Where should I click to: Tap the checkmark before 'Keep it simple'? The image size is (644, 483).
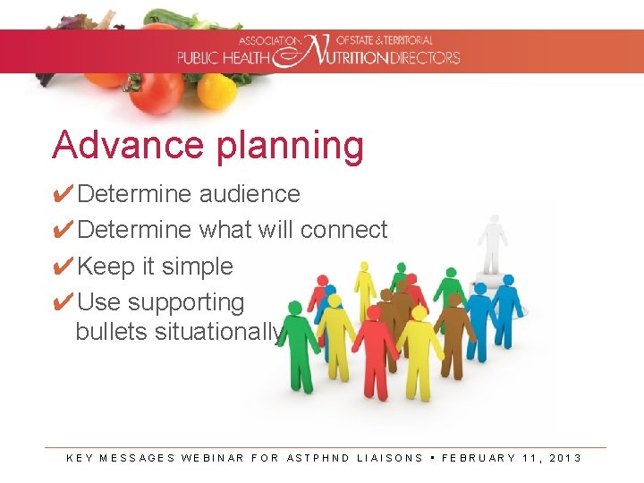63,267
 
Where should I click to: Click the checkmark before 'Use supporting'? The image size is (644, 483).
63,302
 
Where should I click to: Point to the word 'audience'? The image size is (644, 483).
250,194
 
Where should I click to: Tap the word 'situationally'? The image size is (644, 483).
219,332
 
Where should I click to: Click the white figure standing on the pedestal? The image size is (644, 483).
492,241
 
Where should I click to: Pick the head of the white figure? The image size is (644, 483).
493,219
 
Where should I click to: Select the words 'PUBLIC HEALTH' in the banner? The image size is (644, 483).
223,58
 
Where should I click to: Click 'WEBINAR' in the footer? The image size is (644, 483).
212,458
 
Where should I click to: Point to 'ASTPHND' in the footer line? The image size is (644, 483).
318,458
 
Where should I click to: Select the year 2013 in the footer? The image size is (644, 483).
565,458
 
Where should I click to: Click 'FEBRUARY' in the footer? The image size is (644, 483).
479,458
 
